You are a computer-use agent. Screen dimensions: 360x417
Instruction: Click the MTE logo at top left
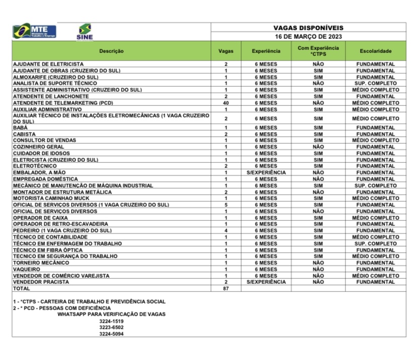35,31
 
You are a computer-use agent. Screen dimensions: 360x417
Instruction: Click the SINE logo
85,31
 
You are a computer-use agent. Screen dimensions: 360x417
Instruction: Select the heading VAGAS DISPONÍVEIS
308,28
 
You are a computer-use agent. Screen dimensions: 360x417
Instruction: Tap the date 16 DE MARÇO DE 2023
308,37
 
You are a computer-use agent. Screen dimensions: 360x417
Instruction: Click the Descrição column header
111,51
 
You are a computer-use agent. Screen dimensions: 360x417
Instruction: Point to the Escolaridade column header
376,51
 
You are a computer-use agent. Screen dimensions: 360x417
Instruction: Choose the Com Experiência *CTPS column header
318,51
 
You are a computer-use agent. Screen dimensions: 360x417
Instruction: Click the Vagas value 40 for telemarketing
226,103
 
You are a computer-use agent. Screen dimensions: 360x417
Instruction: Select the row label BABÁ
21,128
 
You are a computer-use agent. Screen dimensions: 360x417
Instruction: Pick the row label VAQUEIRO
27,269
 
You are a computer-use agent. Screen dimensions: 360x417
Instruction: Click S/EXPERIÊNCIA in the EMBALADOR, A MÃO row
266,172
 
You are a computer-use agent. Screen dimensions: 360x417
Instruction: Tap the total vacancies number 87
226,289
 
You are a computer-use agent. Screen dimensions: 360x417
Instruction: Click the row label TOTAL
22,289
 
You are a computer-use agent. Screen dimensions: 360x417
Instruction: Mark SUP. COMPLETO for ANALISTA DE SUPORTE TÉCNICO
376,83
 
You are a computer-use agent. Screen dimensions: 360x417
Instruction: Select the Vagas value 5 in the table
226,205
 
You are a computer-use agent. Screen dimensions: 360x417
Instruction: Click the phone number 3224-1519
111,321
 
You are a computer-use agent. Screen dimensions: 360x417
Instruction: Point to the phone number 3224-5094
111,334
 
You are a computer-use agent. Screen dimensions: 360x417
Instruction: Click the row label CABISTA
24,135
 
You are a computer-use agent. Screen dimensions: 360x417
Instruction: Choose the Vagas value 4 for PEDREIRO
226,230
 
